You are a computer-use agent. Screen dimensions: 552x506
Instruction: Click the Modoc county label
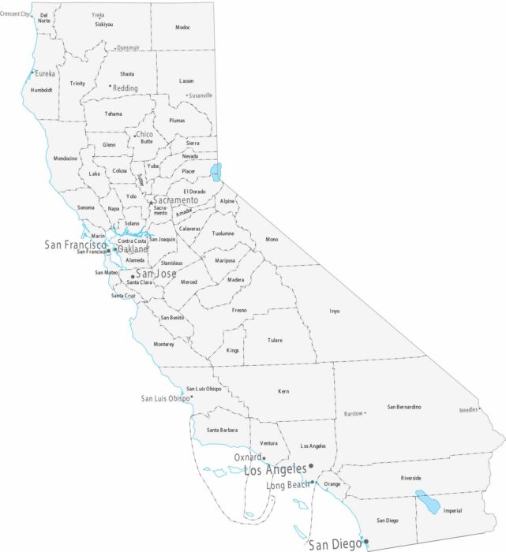pyautogui.click(x=182, y=28)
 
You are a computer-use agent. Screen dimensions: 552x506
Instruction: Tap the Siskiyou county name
pyautogui.click(x=103, y=24)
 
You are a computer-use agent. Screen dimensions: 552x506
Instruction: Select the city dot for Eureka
pyautogui.click(x=32, y=73)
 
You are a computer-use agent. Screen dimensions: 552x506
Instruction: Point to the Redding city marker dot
pyautogui.click(x=110, y=85)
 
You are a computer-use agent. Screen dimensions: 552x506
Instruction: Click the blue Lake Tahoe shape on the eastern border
pyautogui.click(x=216, y=172)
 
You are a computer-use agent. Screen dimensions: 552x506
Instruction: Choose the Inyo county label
pyautogui.click(x=335, y=311)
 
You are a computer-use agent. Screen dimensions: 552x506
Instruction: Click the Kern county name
pyautogui.click(x=284, y=391)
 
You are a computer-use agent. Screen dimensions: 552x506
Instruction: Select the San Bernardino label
pyautogui.click(x=403, y=407)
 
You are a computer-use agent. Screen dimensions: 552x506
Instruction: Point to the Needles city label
pyautogui.click(x=469, y=410)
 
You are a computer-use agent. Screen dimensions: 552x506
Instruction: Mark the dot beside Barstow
pyautogui.click(x=365, y=413)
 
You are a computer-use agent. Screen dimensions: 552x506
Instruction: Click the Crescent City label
pyautogui.click(x=15, y=13)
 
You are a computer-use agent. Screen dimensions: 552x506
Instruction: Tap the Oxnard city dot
pyautogui.click(x=264, y=458)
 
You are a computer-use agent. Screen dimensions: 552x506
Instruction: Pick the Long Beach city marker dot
pyautogui.click(x=313, y=483)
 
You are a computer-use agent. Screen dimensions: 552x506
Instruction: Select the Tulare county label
pyautogui.click(x=275, y=341)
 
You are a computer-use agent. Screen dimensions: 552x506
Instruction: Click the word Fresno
pyautogui.click(x=239, y=310)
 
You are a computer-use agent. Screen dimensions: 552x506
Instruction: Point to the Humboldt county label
pyautogui.click(x=41, y=90)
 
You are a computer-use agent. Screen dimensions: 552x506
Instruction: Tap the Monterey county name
pyautogui.click(x=163, y=345)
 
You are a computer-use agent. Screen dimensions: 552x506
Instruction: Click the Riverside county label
pyautogui.click(x=410, y=478)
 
